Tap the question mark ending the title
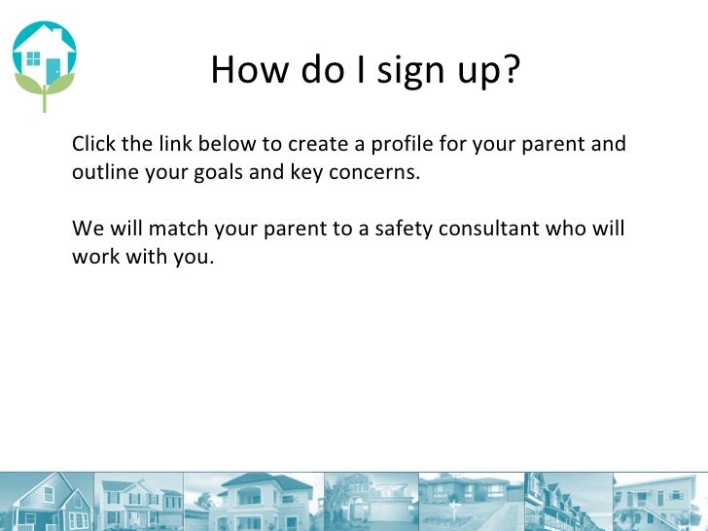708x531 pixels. [x=511, y=69]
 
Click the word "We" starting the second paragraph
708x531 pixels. [x=86, y=230]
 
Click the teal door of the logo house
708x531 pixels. [x=53, y=68]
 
